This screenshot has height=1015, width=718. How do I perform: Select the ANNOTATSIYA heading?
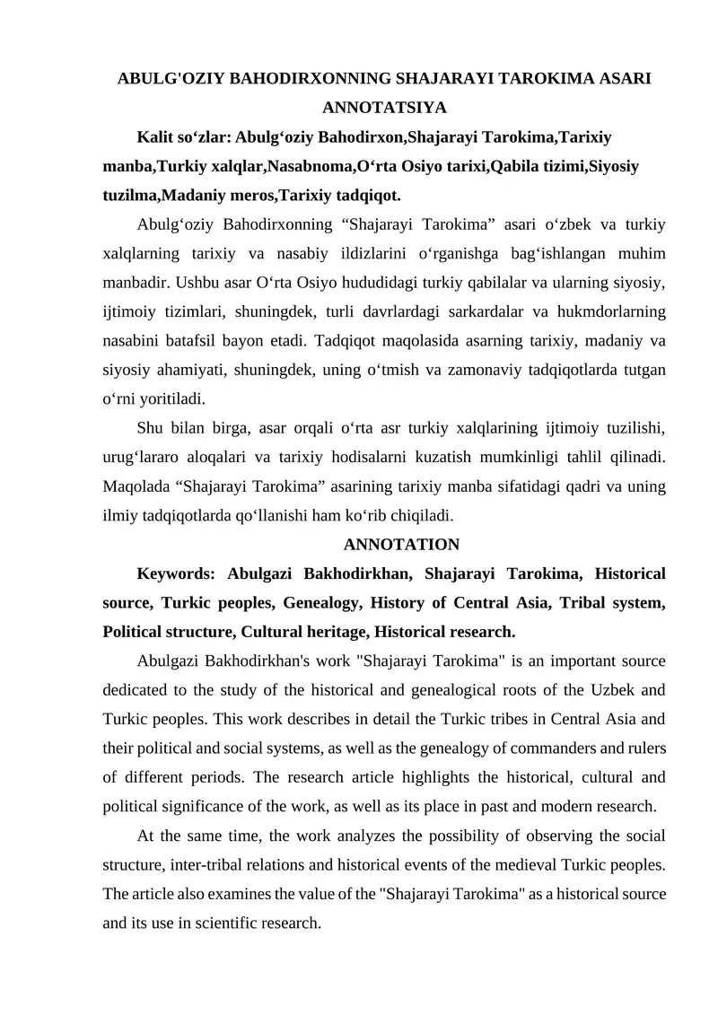(384, 108)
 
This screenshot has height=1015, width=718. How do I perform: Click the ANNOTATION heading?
(401, 545)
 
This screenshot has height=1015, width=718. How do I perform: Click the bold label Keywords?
(177, 573)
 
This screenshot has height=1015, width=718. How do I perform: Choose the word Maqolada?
(133, 486)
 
